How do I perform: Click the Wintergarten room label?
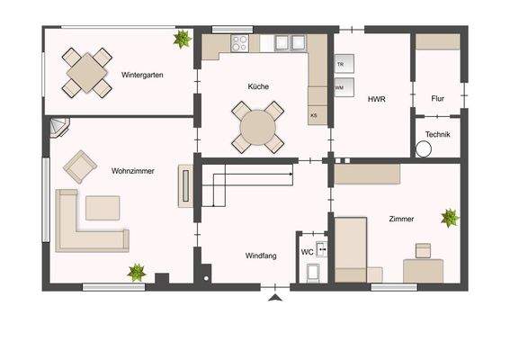tap(141, 76)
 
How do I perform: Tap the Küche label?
tap(259, 87)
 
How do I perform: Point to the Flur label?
tap(438, 97)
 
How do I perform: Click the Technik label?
tap(438, 135)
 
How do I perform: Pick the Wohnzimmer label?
tap(132, 170)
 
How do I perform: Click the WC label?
tap(307, 252)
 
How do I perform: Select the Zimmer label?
tap(402, 219)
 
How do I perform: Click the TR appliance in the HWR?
tap(341, 66)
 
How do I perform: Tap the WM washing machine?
tap(340, 88)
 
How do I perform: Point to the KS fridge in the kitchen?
tap(314, 116)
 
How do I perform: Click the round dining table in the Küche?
tap(258, 127)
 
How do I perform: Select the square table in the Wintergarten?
tap(86, 71)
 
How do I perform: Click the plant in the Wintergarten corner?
tap(183, 39)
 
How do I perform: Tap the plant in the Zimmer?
tap(449, 217)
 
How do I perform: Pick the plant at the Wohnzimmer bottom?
tap(137, 271)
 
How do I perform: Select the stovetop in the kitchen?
tap(241, 42)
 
